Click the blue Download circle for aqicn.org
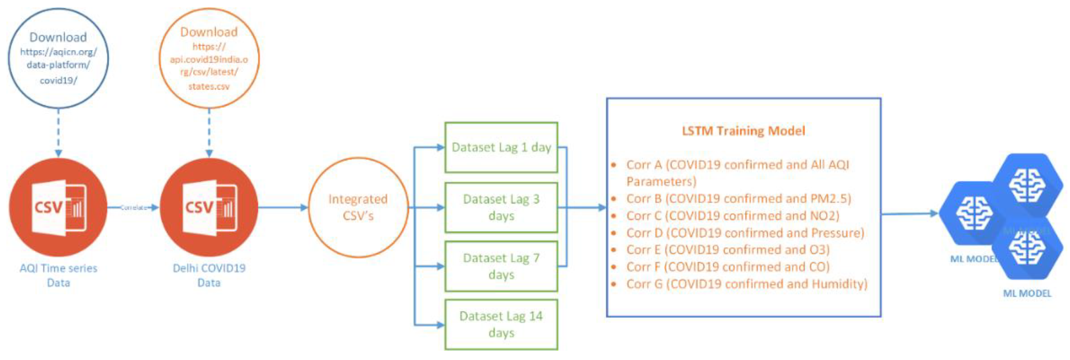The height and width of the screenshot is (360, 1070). pos(58,58)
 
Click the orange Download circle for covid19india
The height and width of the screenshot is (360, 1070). pos(209,58)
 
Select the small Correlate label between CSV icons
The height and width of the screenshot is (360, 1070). pos(133,208)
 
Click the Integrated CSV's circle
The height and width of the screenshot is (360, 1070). pos(358,207)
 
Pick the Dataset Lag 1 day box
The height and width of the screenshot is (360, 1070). pos(501,147)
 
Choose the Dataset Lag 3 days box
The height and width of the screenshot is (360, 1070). pos(501,207)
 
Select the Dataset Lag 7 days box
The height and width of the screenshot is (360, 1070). pos(501,266)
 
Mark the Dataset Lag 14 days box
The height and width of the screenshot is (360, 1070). pos(501,324)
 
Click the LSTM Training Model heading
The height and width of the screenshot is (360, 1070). pos(743,131)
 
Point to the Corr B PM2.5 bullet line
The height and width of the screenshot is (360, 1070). pos(738,198)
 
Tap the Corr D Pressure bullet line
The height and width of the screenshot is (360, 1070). pos(745,233)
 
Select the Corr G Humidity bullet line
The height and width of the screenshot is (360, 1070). pos(747,284)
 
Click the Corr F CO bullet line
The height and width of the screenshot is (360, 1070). pos(727,267)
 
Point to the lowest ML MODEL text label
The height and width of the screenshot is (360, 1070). pos(1027,294)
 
